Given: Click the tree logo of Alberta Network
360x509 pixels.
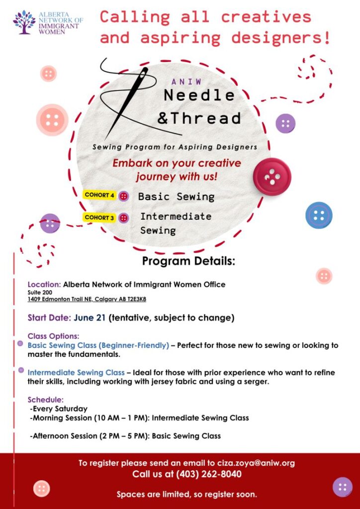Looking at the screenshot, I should pos(24,22).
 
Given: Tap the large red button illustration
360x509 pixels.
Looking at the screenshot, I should pos(272,176).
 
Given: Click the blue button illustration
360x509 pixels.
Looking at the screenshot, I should pos(319,215).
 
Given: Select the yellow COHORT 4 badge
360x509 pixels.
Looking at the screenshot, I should pos(99,195).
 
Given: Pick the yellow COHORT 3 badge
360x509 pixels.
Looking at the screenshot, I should pos(99,217).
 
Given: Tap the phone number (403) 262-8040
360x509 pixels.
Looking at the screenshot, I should pos(209,474).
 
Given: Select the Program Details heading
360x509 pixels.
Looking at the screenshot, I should pos(188,261).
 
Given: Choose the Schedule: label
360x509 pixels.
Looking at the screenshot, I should pos(46,400).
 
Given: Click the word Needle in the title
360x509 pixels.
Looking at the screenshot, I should pos(199,94).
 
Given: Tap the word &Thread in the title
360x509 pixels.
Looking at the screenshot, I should pos(199,118).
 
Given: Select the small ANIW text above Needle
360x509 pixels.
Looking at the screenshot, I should pos(186,82).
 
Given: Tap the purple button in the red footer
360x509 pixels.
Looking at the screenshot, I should pos(342,487).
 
